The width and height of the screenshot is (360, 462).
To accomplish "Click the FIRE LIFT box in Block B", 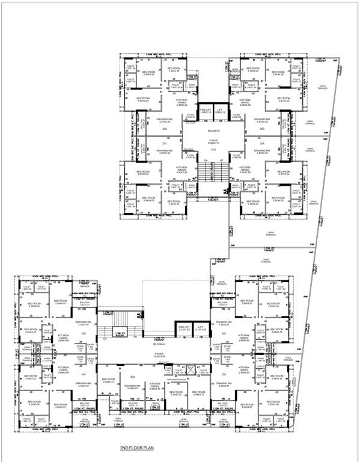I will click(206, 111).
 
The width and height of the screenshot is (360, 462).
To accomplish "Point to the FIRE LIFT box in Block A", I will click(183, 328).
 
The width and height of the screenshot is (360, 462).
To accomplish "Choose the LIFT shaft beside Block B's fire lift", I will click(221, 111).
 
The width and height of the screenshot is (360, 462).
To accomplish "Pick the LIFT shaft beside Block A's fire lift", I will click(201, 328).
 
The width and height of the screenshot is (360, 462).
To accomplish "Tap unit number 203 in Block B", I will click(263, 129).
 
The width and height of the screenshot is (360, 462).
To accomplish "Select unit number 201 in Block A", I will click(224, 333).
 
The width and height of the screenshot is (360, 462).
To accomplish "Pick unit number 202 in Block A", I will click(224, 374).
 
